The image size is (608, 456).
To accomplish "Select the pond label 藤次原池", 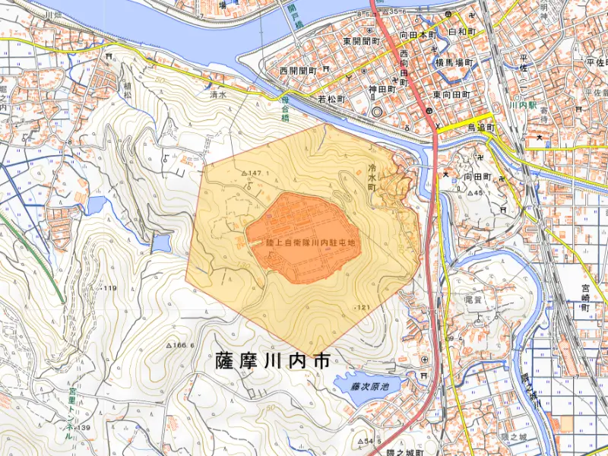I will [369, 387].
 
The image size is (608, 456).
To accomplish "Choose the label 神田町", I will [382, 89].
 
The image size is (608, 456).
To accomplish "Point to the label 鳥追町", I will [481, 128].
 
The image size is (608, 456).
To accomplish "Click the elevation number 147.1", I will [254, 174].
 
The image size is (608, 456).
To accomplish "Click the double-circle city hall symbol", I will [378, 112].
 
